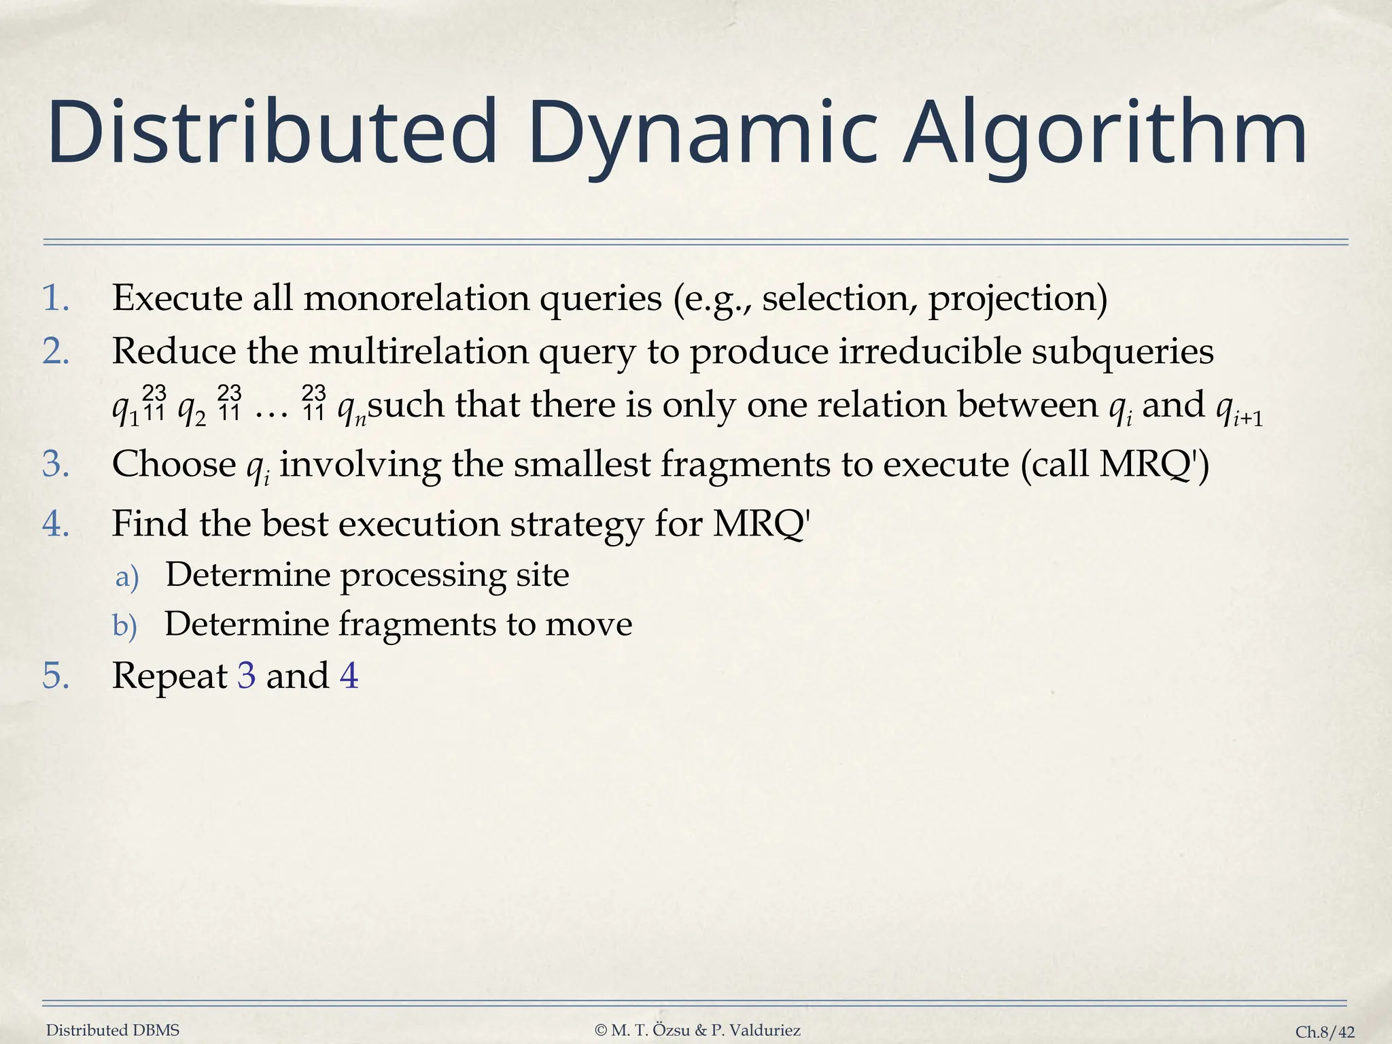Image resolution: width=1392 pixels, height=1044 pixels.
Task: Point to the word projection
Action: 1017,299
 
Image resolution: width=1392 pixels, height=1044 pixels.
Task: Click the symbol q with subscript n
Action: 351,407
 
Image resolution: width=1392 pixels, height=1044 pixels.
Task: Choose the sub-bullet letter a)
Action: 127,578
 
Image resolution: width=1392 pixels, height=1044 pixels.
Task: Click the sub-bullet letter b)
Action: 125,626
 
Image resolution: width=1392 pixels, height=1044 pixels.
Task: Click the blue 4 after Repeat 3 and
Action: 349,676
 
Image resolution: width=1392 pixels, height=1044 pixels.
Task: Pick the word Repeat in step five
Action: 169,677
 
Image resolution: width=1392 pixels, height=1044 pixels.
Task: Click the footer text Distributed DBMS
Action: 113,1030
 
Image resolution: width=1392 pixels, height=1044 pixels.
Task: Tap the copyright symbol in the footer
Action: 600,1030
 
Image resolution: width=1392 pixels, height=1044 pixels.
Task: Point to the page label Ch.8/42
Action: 1325,1032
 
